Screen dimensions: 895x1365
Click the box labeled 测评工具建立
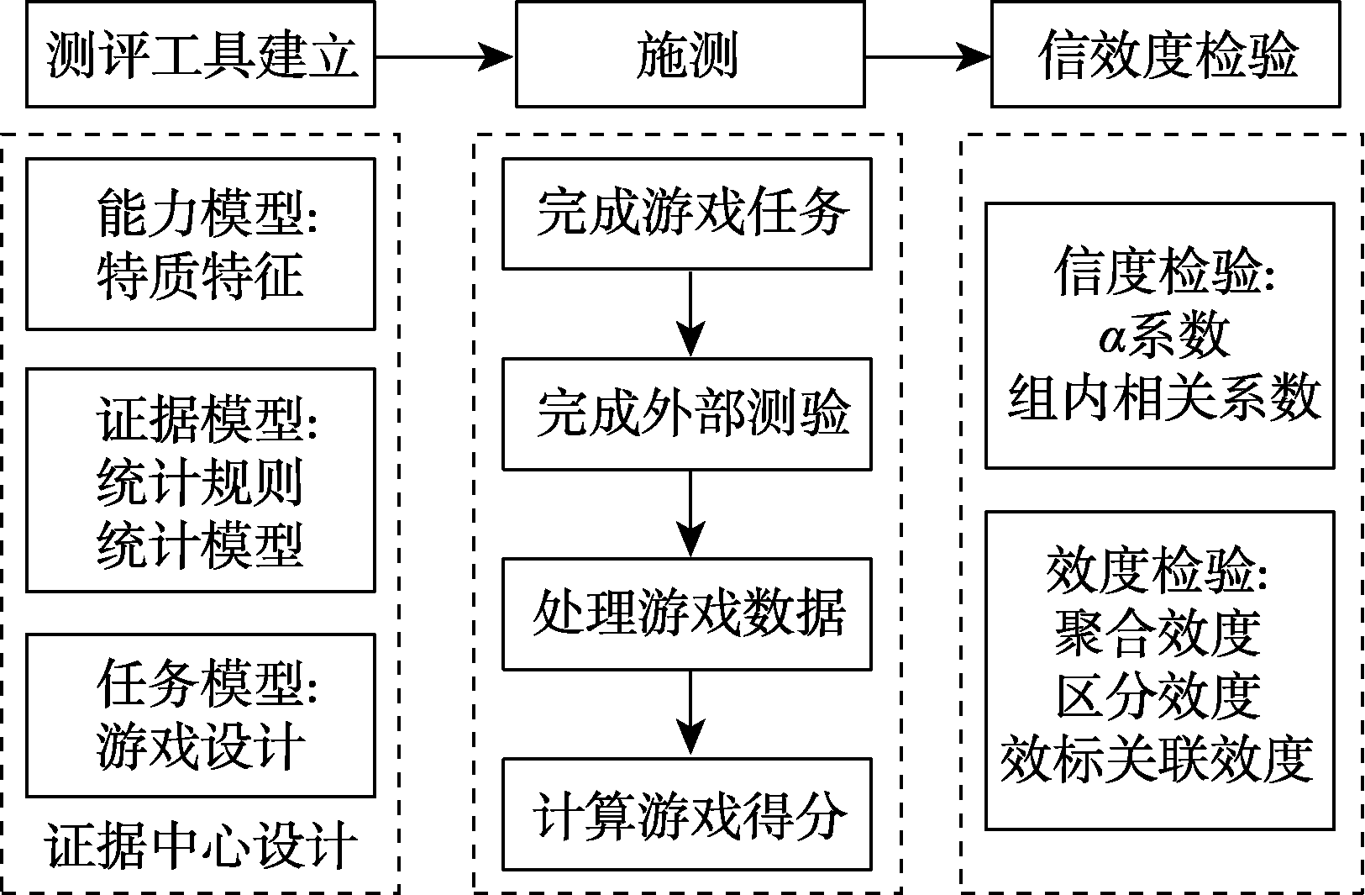tap(200, 55)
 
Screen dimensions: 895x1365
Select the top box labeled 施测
tap(689, 55)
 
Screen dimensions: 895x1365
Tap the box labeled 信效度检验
tap(1165, 55)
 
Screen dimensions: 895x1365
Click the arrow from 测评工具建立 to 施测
tap(444, 56)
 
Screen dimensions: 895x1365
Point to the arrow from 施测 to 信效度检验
tap(927, 56)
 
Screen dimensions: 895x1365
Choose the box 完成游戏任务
tap(686, 213)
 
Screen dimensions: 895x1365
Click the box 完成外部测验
tap(686, 413)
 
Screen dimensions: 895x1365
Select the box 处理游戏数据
tap(686, 613)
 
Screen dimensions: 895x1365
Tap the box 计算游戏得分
tap(686, 813)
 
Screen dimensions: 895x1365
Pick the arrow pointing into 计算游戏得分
tap(690, 713)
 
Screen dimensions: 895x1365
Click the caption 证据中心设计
tap(202, 845)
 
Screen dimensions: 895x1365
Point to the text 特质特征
tap(200, 276)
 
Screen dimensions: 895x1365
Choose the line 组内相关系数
tap(1163, 397)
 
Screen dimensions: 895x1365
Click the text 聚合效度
tap(1158, 633)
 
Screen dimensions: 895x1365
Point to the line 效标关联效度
tap(1158, 759)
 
